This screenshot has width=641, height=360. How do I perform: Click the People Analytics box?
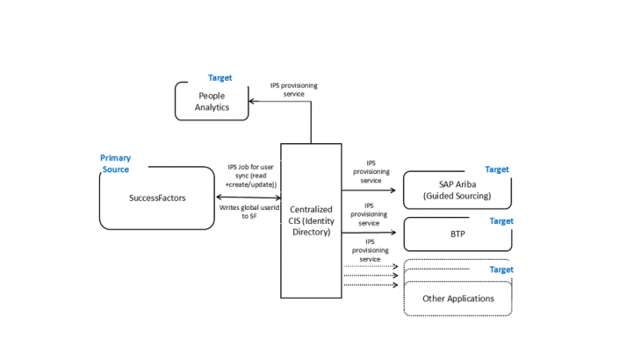pos(212,101)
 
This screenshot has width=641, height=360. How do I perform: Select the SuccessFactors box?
pos(156,198)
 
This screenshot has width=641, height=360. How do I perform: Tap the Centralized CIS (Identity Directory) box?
pos(311,220)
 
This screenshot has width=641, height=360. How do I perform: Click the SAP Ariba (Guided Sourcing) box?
pos(457,190)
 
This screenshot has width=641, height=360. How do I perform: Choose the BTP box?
pos(457,235)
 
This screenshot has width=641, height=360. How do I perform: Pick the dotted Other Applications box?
pos(457,299)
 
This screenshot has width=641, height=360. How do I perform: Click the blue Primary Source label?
pos(115,163)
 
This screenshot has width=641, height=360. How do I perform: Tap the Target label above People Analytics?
pos(220,78)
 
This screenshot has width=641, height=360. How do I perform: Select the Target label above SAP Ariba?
pos(497,169)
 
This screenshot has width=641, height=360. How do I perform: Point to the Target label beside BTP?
pos(501,221)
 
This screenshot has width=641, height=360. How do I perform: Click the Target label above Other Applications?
pos(501,270)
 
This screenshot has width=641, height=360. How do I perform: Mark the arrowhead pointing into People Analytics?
pos(253,102)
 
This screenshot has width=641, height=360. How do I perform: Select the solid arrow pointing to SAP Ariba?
pos(369,189)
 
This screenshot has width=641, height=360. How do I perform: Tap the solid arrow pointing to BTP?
pos(369,234)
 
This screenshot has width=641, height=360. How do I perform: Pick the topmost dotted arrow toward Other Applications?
pos(369,265)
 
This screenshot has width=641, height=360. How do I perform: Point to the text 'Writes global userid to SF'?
pos(247,212)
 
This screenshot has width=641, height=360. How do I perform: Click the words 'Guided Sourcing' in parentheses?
pos(457,196)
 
